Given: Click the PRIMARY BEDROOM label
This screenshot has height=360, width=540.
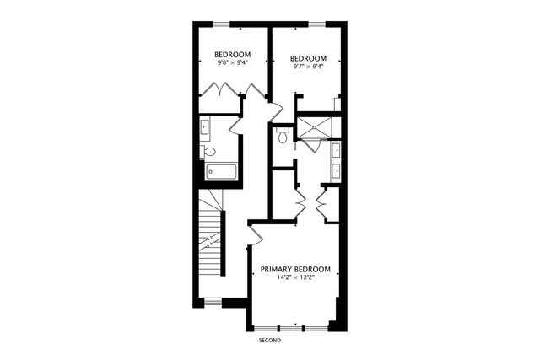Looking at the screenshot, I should pyautogui.click(x=294, y=269).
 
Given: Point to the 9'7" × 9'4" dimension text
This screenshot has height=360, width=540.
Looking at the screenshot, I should pyautogui.click(x=308, y=67).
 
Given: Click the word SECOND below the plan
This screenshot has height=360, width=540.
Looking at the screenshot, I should pyautogui.click(x=269, y=341).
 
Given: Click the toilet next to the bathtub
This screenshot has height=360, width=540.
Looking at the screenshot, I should pyautogui.click(x=208, y=152).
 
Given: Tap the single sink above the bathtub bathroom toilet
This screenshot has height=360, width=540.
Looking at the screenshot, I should pyautogui.click(x=205, y=129).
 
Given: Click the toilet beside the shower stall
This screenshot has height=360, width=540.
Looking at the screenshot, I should pyautogui.click(x=283, y=134).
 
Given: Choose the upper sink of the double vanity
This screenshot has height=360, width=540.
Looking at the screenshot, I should pyautogui.click(x=337, y=152).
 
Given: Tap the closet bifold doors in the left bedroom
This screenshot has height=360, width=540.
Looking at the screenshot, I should pyautogui.click(x=222, y=89).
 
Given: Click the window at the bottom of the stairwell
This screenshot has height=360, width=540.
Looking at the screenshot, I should pyautogui.click(x=213, y=301).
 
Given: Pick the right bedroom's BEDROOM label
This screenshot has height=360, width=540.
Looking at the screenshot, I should pyautogui.click(x=308, y=58).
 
